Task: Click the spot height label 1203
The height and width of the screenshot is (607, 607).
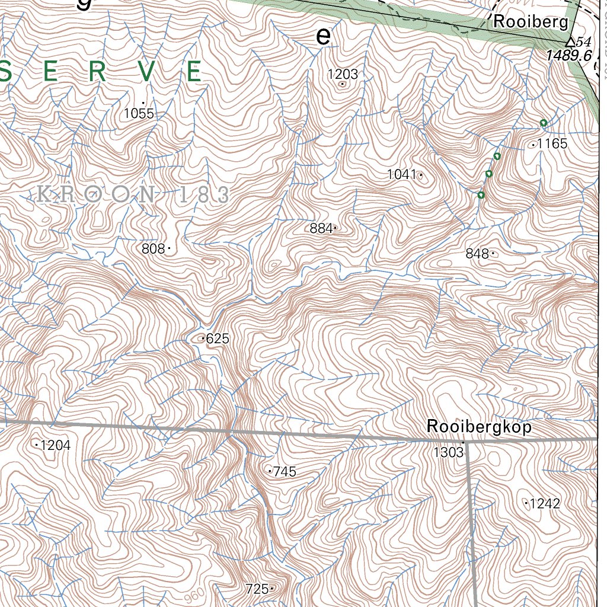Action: (x=343, y=74)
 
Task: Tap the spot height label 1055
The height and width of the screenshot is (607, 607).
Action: (x=139, y=113)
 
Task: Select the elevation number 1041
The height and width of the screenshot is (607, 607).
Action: (x=402, y=174)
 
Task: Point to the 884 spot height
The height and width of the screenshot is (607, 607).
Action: (x=321, y=228)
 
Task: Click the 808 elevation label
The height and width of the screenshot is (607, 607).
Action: (x=153, y=249)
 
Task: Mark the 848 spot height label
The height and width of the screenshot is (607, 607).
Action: (x=477, y=254)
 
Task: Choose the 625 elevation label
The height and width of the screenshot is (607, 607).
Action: (x=218, y=339)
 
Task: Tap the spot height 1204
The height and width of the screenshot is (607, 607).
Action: (x=56, y=445)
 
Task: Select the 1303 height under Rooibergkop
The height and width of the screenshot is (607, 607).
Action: (x=448, y=453)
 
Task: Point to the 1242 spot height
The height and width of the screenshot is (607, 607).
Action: (x=545, y=504)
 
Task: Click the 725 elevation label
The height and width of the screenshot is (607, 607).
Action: (x=257, y=589)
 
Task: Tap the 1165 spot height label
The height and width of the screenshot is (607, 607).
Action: (x=552, y=143)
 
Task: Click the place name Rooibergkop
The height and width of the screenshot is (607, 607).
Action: (x=479, y=427)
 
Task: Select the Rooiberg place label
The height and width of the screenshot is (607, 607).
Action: (x=531, y=23)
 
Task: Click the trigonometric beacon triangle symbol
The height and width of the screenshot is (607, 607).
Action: (x=570, y=41)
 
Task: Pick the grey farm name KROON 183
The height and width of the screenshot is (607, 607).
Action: (x=133, y=194)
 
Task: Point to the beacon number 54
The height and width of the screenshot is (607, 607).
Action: (x=584, y=41)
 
